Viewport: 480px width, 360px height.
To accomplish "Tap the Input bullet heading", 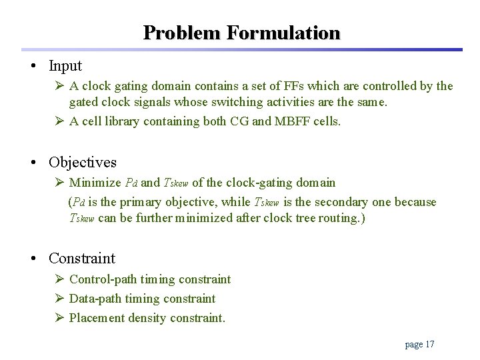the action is click(65, 66).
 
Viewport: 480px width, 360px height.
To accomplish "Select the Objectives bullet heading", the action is click(83, 162).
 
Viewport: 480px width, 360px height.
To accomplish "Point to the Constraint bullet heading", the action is click(82, 258).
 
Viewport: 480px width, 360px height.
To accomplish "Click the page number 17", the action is click(429, 344).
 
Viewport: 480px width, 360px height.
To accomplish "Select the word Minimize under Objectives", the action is click(95, 183).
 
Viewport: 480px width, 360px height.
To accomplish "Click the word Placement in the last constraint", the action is click(96, 318).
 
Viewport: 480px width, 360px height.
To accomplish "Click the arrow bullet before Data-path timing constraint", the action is click(59, 299).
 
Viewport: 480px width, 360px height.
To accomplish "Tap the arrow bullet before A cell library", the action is click(59, 121).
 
